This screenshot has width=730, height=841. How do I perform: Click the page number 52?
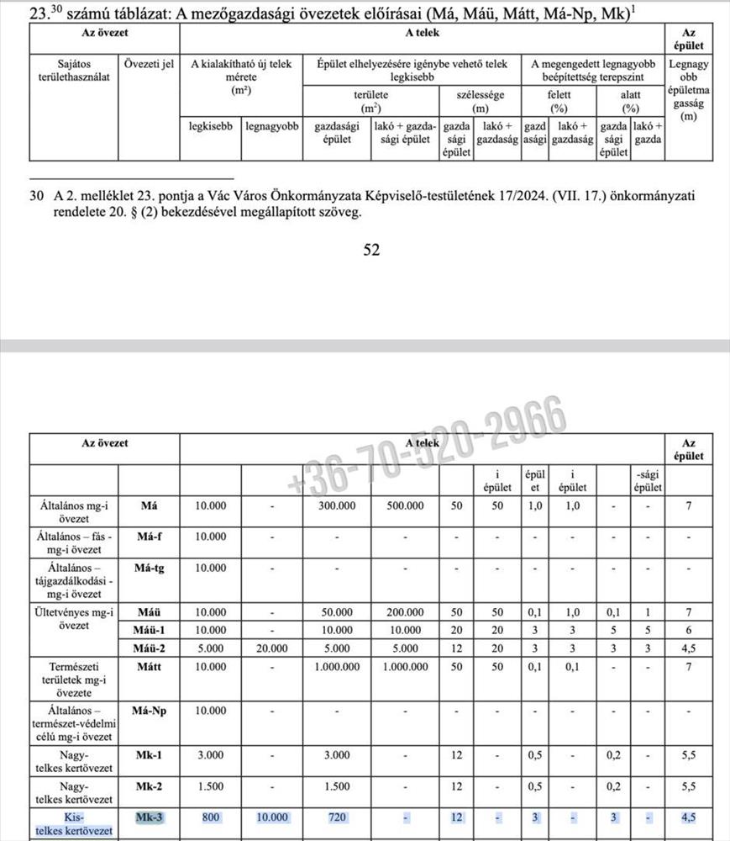coord(371,250)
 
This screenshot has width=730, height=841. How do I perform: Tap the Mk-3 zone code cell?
coord(149,817)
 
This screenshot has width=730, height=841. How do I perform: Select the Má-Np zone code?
coord(149,711)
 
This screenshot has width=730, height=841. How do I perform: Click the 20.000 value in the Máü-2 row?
coord(271,648)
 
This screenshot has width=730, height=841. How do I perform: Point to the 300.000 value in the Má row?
coord(335,506)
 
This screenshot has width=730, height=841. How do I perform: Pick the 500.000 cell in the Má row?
coord(402,506)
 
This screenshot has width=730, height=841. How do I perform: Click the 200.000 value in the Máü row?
coord(402,613)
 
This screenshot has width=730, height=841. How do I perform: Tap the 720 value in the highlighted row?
coord(335,817)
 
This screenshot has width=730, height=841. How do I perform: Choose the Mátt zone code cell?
coord(149,667)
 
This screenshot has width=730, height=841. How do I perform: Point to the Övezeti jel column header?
coord(149,64)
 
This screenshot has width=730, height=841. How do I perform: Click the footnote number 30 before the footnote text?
coord(36,196)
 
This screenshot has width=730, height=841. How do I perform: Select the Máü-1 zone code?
coord(149,631)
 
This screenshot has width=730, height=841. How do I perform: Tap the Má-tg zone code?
coord(149,568)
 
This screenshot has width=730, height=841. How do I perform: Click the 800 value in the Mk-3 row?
coord(210,817)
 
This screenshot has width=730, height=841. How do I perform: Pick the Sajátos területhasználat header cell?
coord(75,71)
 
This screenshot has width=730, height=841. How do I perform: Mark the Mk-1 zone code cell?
coord(149,754)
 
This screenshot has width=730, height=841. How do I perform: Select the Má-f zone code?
coord(149,536)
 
